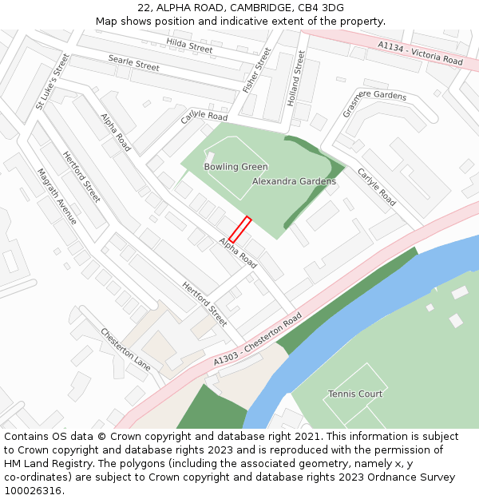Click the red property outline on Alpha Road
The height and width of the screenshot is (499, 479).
tap(239, 229)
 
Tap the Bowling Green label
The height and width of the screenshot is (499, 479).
tap(236, 167)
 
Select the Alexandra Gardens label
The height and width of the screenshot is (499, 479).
tap(294, 181)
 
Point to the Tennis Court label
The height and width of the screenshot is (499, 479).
tap(355, 394)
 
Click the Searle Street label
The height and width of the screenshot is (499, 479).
tap(133, 62)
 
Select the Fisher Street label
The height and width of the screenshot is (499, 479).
tap(257, 69)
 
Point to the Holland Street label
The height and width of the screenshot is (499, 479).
tap(295, 79)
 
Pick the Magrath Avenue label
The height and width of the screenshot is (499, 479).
tap(57, 196)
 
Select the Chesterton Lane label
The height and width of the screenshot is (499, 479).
tap(125, 349)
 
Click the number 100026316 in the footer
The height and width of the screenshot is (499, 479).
tap(33, 490)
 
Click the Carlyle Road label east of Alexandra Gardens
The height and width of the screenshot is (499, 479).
tap(376, 187)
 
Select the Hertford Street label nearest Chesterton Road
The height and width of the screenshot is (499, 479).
tap(204, 303)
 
